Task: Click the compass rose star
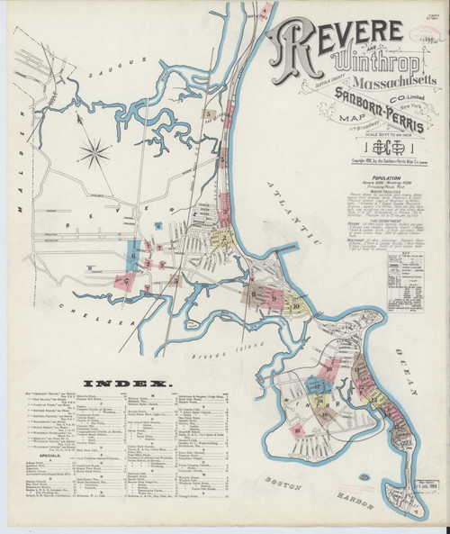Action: coord(93,150)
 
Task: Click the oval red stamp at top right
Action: coord(420,25)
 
